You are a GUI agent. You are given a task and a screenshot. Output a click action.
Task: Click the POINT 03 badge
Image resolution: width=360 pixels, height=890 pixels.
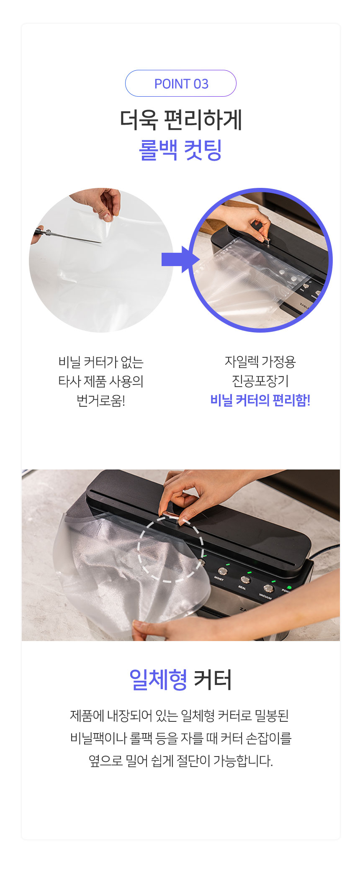(181, 83)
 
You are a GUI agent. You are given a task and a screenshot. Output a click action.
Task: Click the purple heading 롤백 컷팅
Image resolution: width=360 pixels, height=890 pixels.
(180, 150)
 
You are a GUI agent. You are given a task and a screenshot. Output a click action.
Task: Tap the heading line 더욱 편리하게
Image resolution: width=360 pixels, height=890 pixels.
(181, 120)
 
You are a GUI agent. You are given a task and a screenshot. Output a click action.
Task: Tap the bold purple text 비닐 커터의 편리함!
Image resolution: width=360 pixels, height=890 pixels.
(260, 400)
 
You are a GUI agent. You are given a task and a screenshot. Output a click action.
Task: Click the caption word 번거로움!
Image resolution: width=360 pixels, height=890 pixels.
(101, 400)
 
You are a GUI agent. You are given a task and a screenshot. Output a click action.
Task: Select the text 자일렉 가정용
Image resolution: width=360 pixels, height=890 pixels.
(260, 362)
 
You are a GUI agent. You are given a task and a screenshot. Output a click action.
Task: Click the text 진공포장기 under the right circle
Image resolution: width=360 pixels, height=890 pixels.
(260, 381)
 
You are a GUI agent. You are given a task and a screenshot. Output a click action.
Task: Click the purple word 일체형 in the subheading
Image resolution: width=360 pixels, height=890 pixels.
(158, 680)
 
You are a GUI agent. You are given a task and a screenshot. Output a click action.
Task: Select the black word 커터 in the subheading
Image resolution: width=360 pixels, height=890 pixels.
(213, 680)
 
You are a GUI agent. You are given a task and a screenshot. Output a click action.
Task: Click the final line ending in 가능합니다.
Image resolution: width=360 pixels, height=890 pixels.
(181, 760)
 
